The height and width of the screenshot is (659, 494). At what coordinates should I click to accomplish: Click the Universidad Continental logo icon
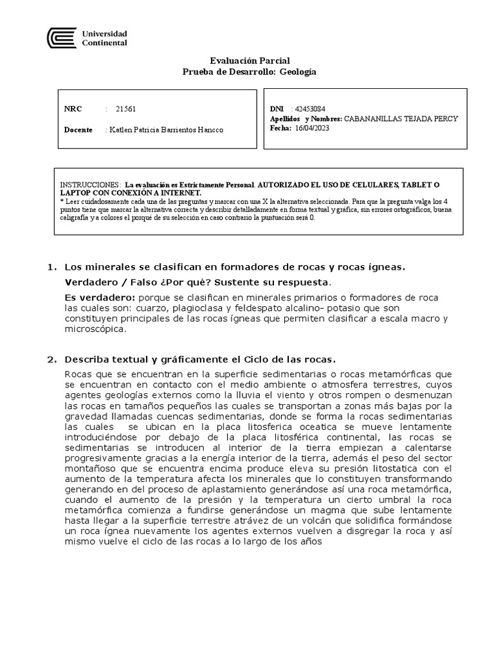pos(62,37)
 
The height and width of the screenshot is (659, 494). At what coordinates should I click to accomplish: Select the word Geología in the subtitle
pos(297,72)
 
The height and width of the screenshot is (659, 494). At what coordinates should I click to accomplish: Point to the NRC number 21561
pos(125,109)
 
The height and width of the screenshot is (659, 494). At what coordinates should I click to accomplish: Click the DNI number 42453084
pos(310,109)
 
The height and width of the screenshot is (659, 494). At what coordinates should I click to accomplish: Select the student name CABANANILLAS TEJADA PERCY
pos(401,120)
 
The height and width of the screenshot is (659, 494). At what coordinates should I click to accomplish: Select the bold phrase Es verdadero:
pos(100,297)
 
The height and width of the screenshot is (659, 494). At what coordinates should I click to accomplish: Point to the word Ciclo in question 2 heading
pos(257,359)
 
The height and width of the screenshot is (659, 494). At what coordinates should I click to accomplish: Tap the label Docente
pos(78,130)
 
